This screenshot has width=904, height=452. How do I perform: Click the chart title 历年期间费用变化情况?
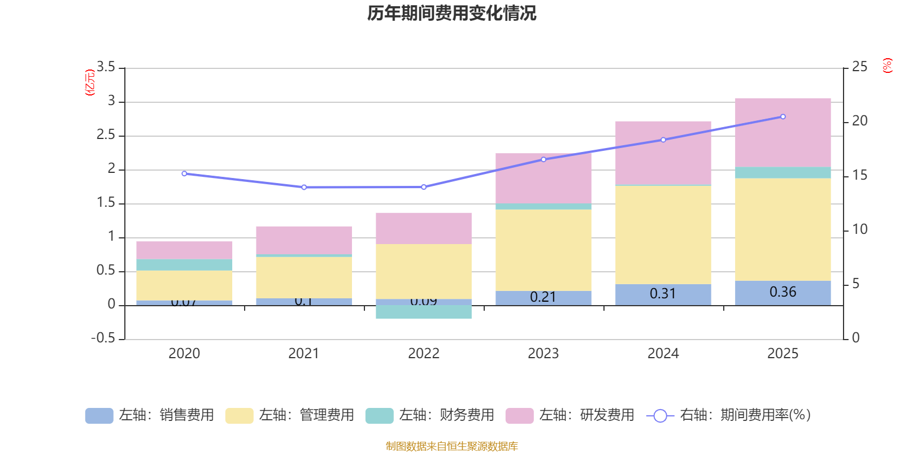[x=451, y=13]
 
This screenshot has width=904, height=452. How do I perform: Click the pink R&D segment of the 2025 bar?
[x=783, y=132]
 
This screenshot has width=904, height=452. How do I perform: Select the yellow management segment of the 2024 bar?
[x=663, y=234]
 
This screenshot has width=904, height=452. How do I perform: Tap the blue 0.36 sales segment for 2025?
[x=783, y=293]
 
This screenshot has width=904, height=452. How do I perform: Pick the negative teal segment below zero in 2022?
[x=423, y=312]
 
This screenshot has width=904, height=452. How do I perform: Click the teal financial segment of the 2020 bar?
[x=184, y=264]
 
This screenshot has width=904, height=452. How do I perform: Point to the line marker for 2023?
[x=544, y=159]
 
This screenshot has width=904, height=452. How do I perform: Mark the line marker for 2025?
[x=783, y=116]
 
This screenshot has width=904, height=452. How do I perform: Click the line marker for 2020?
[x=184, y=173]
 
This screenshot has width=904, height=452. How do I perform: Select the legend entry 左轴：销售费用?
[x=150, y=415]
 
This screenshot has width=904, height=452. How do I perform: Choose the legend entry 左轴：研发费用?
[x=570, y=415]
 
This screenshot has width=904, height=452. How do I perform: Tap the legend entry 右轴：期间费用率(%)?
[x=729, y=415]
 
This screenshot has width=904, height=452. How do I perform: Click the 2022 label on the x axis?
[x=423, y=353]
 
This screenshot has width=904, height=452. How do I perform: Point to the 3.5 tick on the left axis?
[x=106, y=67]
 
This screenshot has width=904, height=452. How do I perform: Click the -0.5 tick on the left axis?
[x=103, y=338]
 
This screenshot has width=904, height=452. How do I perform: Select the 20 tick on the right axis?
[x=859, y=121]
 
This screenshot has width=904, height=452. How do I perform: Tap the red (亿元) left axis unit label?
[x=89, y=82]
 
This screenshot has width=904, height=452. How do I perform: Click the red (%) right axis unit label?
[x=887, y=66]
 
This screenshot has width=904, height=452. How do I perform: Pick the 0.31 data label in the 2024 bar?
[x=663, y=294]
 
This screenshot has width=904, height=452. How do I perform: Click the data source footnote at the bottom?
[x=451, y=446]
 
